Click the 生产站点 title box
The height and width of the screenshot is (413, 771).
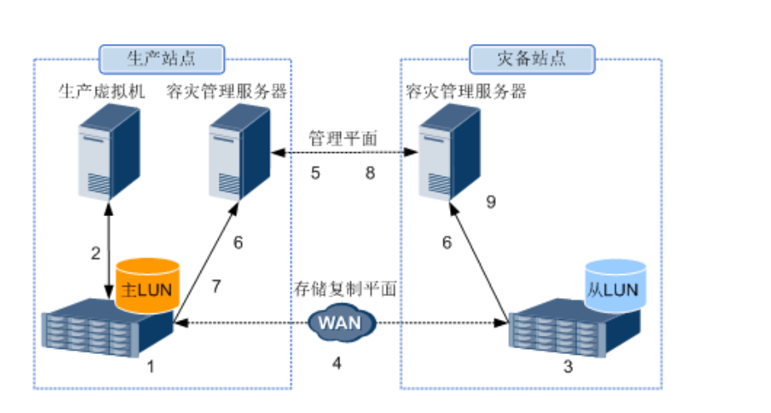(162, 59)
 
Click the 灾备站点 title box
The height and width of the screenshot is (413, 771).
(532, 59)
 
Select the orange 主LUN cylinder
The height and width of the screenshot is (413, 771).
(147, 285)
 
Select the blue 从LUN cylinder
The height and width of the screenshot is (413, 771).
(615, 286)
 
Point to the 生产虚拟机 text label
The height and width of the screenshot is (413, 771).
(101, 91)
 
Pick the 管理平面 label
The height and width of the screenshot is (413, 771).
(342, 138)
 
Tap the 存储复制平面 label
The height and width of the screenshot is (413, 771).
(343, 288)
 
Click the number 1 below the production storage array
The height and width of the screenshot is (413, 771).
(150, 364)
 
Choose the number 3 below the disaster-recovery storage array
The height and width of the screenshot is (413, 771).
(568, 366)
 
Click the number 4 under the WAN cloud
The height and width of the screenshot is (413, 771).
(337, 362)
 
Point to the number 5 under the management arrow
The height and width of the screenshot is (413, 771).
(315, 174)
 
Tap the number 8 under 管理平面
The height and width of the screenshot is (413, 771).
(369, 174)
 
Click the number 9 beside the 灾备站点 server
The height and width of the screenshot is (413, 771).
(491, 202)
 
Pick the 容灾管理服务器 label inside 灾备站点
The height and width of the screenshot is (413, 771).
(466, 91)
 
